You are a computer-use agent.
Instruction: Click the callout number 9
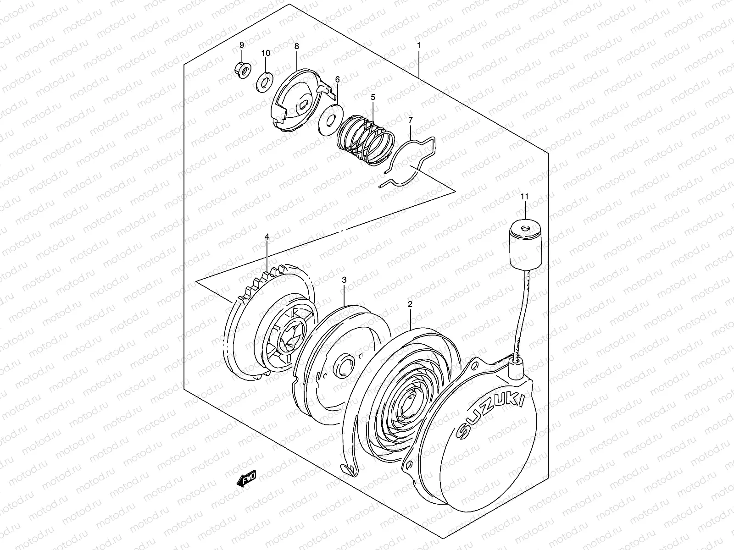pos(242,44)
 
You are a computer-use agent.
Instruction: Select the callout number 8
pos(296,46)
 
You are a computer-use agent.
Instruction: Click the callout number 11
pos(524,196)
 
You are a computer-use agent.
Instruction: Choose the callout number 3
pos(344,279)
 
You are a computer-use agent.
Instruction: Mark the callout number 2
pos(410,304)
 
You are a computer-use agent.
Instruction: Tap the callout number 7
pos(410,120)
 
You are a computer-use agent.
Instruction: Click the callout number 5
pos(373,97)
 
